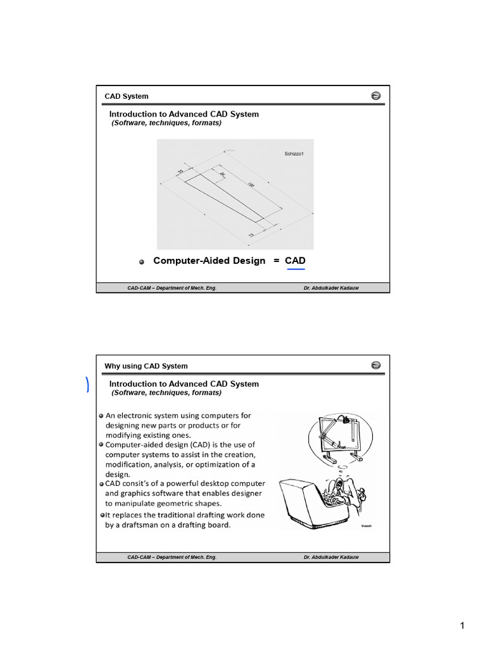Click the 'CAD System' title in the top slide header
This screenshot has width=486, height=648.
(x=127, y=96)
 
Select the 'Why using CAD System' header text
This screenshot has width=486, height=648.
(x=146, y=366)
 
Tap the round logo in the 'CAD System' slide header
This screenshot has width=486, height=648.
(x=375, y=96)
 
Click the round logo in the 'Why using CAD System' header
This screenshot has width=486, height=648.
(x=375, y=365)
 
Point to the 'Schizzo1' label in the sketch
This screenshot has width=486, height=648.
(x=295, y=153)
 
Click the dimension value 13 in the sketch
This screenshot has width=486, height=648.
(x=251, y=235)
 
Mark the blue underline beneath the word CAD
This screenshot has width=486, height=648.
(x=296, y=270)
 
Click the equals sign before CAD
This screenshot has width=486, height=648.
(x=277, y=261)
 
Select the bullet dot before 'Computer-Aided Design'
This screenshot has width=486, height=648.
(x=142, y=262)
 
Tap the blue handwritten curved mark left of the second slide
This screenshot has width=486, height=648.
(x=87, y=384)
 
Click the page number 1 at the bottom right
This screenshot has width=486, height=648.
(x=463, y=626)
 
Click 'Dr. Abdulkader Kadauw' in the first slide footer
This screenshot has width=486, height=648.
(x=334, y=288)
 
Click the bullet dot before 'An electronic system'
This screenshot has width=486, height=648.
(x=101, y=416)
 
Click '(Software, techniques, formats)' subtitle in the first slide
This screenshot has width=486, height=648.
(x=166, y=123)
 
